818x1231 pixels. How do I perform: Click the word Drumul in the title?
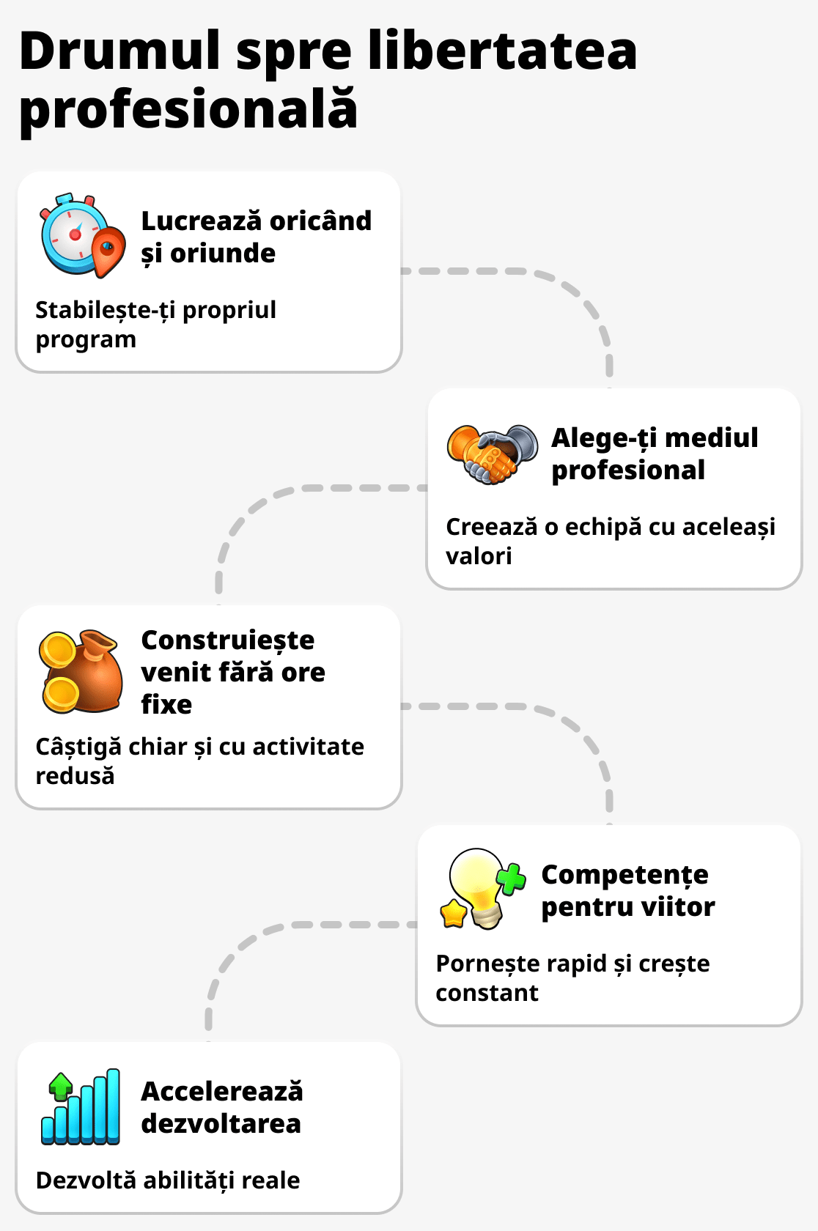119,51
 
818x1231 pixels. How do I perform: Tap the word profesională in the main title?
188,110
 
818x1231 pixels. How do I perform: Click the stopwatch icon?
73,234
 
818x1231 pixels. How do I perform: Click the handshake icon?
492,454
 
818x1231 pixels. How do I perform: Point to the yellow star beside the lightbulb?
454,913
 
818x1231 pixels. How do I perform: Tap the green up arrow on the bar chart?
61,1085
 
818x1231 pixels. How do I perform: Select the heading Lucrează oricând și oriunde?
256,237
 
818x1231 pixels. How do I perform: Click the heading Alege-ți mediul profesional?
654,454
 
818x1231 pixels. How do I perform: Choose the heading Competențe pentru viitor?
627,890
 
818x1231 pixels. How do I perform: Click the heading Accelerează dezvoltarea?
221,1107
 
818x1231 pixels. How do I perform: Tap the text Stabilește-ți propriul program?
155,324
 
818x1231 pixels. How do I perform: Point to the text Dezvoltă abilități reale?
168,1180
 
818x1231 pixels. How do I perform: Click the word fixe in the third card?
166,704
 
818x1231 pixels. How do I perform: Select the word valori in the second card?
479,556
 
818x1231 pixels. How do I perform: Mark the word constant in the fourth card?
487,993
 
